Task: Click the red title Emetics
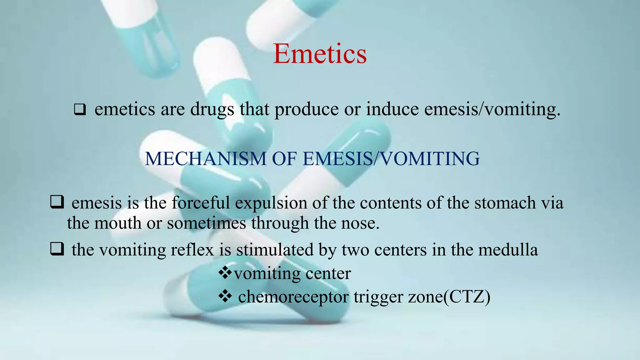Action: (320, 54)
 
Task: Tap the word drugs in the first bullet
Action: (212, 109)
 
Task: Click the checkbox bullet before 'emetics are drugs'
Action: (80, 110)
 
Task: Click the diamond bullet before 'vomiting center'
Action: (225, 273)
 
